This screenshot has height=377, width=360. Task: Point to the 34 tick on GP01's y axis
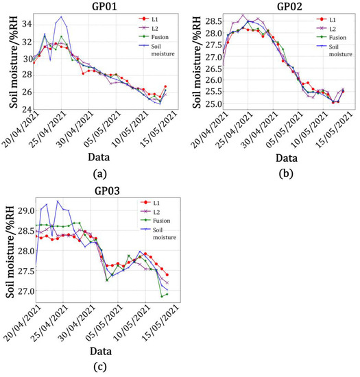point(25,24)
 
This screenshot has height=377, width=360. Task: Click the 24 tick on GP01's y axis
point(25,110)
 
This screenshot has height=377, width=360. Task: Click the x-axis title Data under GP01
point(97,157)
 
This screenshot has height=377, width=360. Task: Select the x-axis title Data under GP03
point(97,350)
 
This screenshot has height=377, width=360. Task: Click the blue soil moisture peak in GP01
point(62,16)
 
